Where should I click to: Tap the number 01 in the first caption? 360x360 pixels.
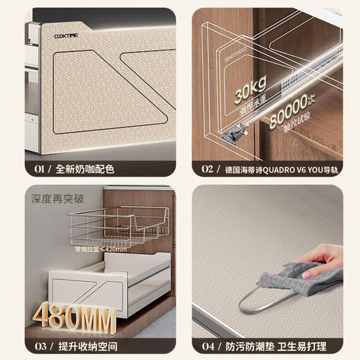tap(39, 168)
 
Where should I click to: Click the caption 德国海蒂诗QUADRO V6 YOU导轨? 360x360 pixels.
tap(280, 168)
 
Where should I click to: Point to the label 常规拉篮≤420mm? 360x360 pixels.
tap(100, 249)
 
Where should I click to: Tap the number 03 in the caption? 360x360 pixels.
tap(39, 345)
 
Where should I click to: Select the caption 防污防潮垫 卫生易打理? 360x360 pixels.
tap(280, 345)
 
